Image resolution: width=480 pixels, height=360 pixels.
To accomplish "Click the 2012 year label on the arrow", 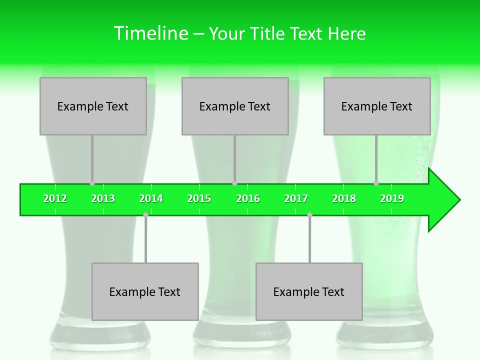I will pos(55,199).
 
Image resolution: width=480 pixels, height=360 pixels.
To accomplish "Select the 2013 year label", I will pos(103,199).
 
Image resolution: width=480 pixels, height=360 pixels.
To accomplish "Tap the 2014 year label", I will pos(151,199).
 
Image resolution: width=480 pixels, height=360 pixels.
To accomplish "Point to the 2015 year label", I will pos(199,199).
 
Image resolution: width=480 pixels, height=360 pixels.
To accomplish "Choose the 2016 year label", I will pos(248,199).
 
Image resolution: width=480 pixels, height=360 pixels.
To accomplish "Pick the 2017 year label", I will pos(296,199).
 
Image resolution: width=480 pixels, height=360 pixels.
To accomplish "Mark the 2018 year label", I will pos(344,199).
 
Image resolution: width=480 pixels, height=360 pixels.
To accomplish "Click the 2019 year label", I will pos(392,199).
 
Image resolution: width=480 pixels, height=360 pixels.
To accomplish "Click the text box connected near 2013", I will pos(93,106).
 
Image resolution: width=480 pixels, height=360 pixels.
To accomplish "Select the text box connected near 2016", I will pos(235,106).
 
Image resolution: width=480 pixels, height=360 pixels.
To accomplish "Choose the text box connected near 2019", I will pos(377,106).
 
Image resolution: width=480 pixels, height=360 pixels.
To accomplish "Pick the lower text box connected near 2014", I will pos(145,291).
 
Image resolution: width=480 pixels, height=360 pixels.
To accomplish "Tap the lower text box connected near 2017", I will pos(309,291).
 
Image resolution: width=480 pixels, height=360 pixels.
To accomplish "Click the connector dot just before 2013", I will pos(92,183).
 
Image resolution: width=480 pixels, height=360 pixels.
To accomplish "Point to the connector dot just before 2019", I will pos(376,183).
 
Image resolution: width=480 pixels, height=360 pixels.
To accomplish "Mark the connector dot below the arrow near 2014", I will pos(145,214).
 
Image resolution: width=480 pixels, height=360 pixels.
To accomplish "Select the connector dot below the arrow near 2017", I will pos(309,214).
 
